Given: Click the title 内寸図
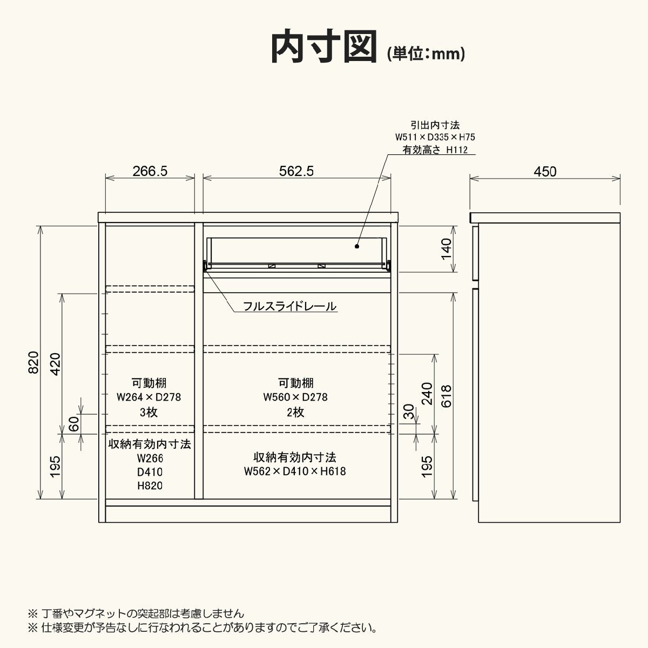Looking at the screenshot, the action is pyautogui.click(x=324, y=46).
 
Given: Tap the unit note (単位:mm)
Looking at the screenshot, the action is pyautogui.click(x=426, y=53).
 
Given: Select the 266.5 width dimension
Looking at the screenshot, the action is pyautogui.click(x=150, y=171).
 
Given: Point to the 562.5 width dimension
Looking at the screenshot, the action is pyautogui.click(x=296, y=171).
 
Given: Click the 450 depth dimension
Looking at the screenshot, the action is pyautogui.click(x=545, y=172).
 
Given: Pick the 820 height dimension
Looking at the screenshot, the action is pyautogui.click(x=33, y=362).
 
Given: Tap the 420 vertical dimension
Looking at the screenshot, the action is pyautogui.click(x=55, y=364).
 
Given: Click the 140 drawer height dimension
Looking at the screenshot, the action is pyautogui.click(x=446, y=249).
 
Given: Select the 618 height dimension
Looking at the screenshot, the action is pyautogui.click(x=446, y=396).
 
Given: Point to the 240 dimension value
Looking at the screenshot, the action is pyautogui.click(x=427, y=394).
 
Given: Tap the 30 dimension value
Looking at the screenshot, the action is pyautogui.click(x=408, y=411).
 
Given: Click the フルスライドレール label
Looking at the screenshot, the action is pyautogui.click(x=289, y=306).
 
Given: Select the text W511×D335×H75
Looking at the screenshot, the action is pyautogui.click(x=435, y=137).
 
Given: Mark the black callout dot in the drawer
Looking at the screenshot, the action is pyautogui.click(x=357, y=246).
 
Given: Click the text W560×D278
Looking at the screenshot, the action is pyautogui.click(x=295, y=397).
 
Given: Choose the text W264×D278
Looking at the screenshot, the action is pyautogui.click(x=148, y=397).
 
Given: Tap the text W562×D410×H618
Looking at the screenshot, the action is pyautogui.click(x=295, y=471).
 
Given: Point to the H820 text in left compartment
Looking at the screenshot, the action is pyautogui.click(x=150, y=485).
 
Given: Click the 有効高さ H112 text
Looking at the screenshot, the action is pyautogui.click(x=435, y=150).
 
